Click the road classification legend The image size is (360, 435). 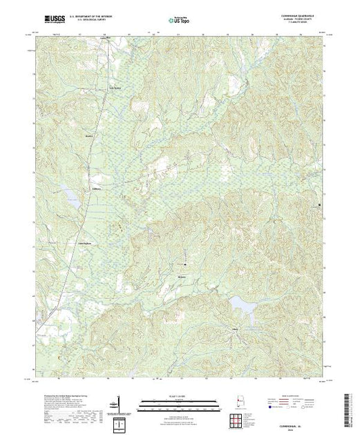tap(290, 400)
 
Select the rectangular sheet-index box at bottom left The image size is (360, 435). tap(118, 421)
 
